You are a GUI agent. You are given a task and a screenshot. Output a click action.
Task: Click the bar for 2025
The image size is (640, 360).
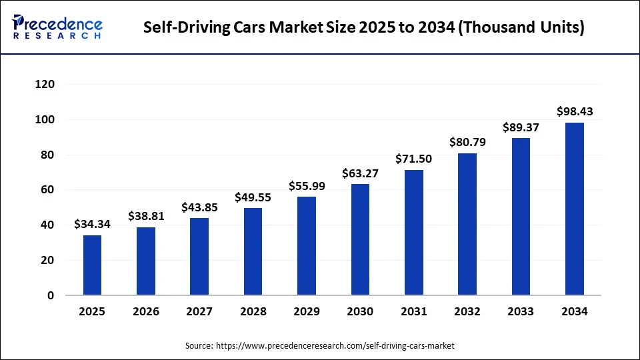(x=93, y=265)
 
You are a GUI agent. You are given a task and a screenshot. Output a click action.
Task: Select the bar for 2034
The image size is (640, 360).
(x=575, y=209)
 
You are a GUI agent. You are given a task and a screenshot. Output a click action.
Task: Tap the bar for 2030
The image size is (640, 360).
(x=360, y=239)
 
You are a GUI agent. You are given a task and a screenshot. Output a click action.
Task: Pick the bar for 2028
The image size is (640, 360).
(x=253, y=251)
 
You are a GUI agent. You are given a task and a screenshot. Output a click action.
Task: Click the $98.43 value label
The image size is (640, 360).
(x=575, y=111)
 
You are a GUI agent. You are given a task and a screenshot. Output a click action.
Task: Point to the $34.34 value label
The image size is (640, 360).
(x=93, y=224)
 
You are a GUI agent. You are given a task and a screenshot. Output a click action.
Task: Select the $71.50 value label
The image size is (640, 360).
(x=414, y=159)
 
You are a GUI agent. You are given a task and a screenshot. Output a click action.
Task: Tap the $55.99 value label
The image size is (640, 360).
(x=307, y=186)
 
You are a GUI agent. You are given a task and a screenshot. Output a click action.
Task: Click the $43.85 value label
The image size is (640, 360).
(x=199, y=207)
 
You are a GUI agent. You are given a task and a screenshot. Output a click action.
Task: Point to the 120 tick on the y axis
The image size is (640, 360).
(x=45, y=85)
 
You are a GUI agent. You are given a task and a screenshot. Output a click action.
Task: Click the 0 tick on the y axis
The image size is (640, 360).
(x=51, y=295)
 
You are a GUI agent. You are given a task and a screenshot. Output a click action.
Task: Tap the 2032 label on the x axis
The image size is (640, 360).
(x=467, y=311)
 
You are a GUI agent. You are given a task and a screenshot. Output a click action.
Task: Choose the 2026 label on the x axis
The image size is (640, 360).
(x=146, y=311)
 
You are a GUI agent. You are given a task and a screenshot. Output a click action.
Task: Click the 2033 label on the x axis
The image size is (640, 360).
(x=521, y=311)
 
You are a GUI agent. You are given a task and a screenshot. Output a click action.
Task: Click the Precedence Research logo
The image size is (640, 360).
(x=58, y=27)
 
